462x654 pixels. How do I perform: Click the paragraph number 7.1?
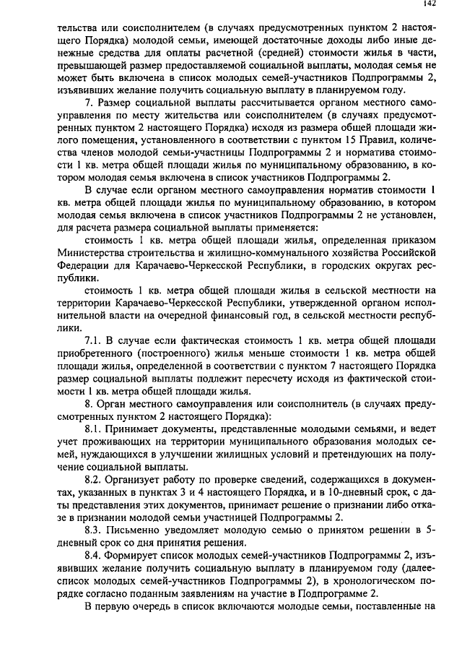(94, 340)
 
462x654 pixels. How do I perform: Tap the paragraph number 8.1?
(94, 428)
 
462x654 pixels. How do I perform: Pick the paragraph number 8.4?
(94, 555)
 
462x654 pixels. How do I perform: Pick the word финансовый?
(235, 314)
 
